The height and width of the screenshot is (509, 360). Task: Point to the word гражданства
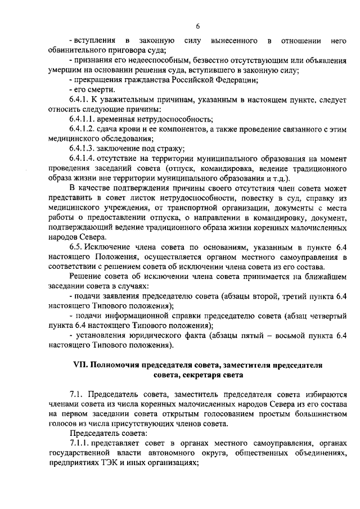coord(142,80)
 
